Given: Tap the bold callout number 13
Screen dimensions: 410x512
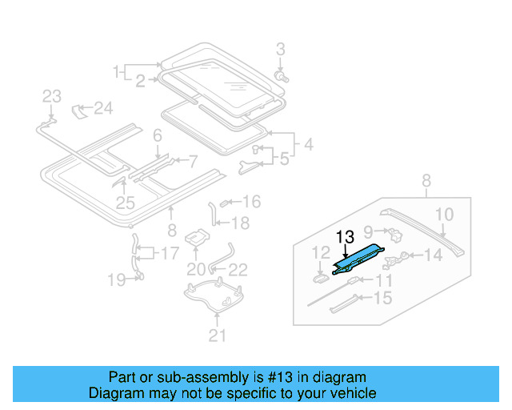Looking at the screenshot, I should [x=345, y=237].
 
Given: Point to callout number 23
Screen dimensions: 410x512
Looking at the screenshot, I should [x=51, y=97].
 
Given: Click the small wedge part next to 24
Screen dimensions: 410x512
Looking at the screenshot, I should [x=81, y=109].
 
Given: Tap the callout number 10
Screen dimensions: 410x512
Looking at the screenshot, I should [x=444, y=214].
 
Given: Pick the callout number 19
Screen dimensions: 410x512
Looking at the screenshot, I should [x=118, y=279].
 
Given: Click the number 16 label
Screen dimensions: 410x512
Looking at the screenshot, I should [x=251, y=201].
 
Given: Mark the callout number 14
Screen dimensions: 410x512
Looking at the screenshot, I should [x=433, y=255].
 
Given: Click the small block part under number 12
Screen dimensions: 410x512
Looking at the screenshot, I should [x=319, y=278].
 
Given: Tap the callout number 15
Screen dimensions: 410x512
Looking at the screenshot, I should [x=383, y=298].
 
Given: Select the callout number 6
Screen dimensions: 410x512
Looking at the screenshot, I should [x=158, y=135].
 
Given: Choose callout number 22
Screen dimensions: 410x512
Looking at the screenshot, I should [x=238, y=269].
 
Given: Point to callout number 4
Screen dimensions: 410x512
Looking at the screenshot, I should [x=308, y=147].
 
